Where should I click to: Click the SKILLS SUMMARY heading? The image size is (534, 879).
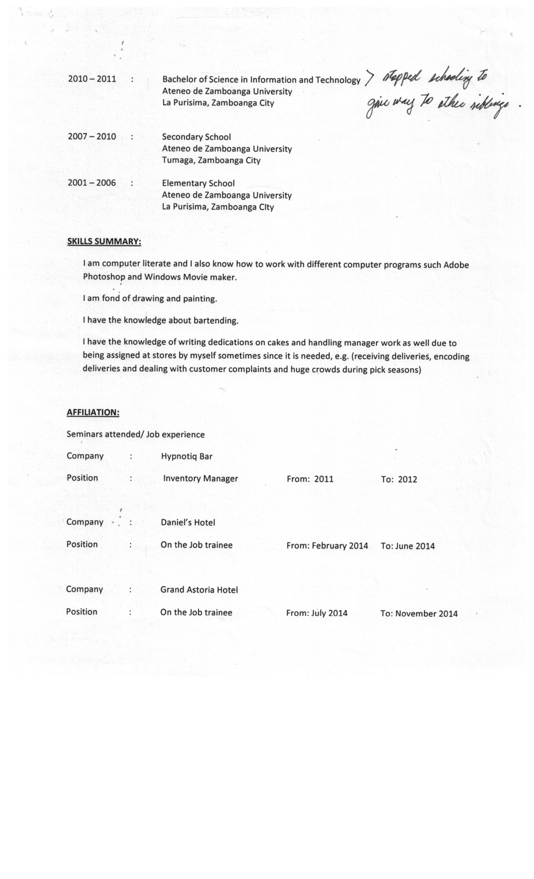104,241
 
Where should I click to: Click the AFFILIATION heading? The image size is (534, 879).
93,413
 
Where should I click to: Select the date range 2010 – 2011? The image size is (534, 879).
92,79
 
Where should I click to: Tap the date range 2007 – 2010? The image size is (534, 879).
92,137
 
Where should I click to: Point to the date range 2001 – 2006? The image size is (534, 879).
92,183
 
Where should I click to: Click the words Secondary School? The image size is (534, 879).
196,137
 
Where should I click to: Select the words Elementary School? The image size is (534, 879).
198,183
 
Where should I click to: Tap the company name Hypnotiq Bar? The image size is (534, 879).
186,456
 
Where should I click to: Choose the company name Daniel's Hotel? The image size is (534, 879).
188,523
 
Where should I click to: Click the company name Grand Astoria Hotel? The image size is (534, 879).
199,590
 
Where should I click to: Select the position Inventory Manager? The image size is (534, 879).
200,479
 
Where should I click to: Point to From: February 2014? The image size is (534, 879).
327,546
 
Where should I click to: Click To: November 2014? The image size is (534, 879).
419,614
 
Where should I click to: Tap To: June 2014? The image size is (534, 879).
408,546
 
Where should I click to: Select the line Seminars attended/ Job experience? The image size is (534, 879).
136,434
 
